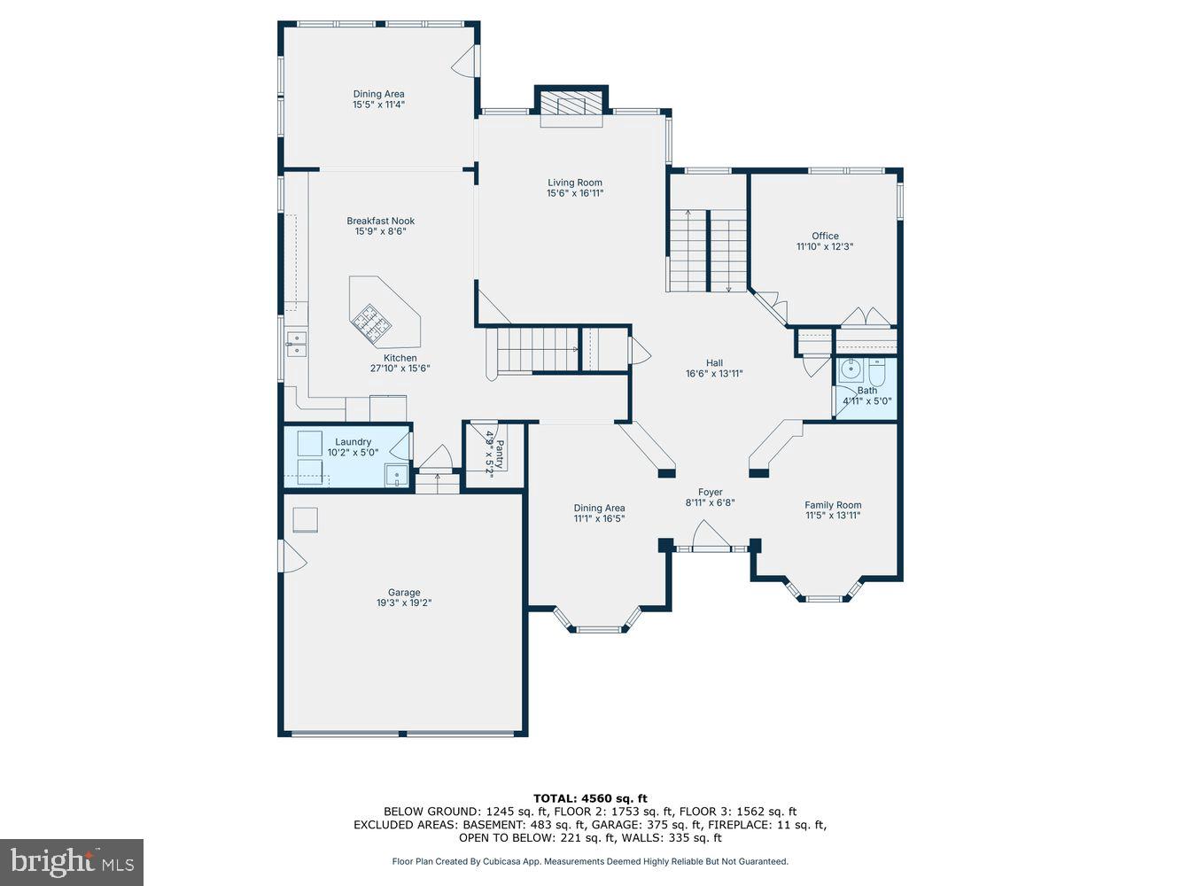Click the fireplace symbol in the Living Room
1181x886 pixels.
(571, 105)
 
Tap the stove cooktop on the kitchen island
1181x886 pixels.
(371, 323)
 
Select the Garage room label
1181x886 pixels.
(403, 593)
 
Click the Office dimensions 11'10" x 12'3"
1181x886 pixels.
(824, 247)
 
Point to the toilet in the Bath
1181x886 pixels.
(877, 371)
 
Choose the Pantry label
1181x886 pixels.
(499, 455)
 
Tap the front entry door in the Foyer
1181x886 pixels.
(711, 537)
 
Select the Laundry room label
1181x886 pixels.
(353, 442)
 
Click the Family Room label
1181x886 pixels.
(832, 505)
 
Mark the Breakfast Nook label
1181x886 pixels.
(380, 221)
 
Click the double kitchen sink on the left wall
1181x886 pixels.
(295, 344)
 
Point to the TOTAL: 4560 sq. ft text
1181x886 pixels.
(590, 798)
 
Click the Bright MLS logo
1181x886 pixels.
(72, 862)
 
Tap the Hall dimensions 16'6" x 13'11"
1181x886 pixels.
(714, 374)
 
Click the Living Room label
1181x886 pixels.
(574, 183)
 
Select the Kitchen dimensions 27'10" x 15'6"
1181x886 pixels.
(400, 369)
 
